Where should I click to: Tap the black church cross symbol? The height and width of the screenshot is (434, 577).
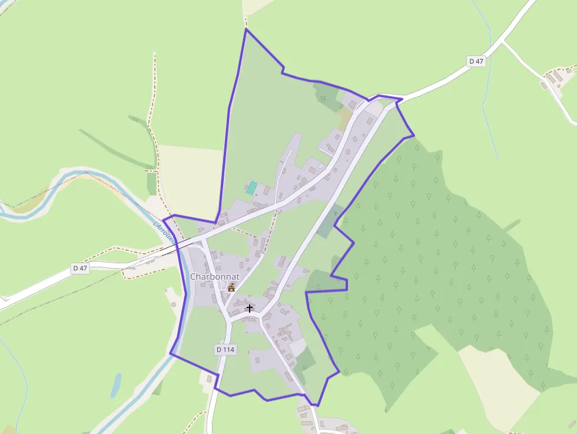(x=250, y=308)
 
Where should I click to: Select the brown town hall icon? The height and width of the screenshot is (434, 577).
(x=231, y=287)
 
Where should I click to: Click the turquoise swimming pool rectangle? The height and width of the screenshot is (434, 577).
(x=252, y=188)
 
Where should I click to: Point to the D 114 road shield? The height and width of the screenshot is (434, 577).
(x=225, y=349)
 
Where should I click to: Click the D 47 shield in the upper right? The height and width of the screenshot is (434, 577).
(x=476, y=61)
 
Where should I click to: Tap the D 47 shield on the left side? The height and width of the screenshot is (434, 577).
(x=80, y=268)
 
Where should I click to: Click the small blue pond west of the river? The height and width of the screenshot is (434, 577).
(x=116, y=385)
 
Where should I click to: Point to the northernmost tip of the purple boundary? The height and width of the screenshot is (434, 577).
(x=246, y=29)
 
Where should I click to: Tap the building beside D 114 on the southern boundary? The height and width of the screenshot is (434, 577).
(x=209, y=379)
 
